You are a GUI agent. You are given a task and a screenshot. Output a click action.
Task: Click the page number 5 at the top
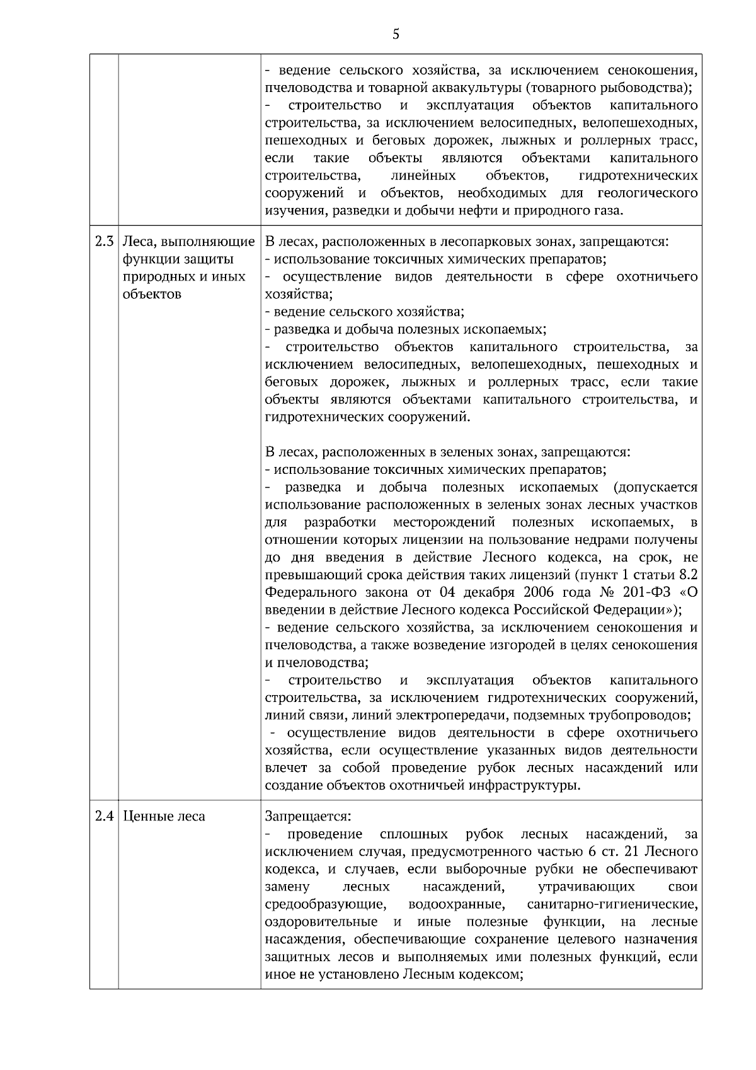click(x=396, y=34)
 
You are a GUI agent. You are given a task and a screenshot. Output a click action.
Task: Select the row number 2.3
click(x=104, y=241)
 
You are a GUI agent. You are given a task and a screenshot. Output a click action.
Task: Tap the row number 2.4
click(x=104, y=816)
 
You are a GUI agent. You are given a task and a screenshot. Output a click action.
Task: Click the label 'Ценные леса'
click(x=164, y=816)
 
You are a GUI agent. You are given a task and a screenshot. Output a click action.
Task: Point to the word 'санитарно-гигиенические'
click(x=612, y=904)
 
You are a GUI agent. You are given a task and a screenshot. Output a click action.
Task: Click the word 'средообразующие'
click(x=326, y=904)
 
